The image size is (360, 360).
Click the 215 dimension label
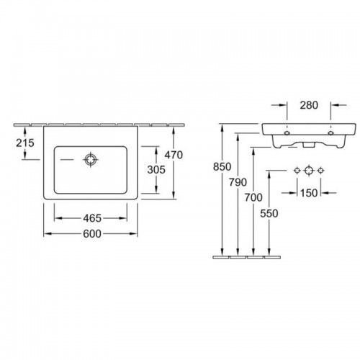25,143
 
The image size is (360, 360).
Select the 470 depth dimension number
174,155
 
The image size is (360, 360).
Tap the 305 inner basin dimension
156,170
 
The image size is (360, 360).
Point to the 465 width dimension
92,218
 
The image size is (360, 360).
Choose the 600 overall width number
92,233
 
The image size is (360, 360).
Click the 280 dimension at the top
309,105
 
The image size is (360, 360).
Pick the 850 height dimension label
222,167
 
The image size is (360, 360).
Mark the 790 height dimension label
238,182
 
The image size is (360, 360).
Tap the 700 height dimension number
253,197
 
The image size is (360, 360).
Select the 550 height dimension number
269,213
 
